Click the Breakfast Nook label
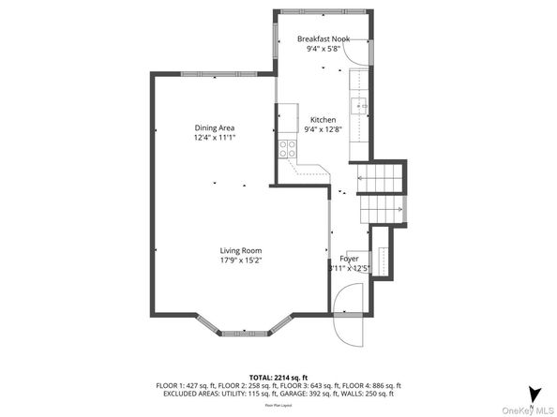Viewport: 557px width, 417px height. point(324,38)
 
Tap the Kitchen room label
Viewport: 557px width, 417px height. point(324,120)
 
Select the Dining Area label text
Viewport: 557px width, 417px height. point(214,127)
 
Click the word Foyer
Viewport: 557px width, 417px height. point(348,259)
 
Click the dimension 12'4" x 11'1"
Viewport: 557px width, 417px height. point(214,138)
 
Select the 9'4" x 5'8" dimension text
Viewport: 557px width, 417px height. point(324,49)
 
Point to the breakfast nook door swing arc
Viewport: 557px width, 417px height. point(355,54)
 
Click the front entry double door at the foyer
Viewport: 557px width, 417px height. point(348,316)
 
